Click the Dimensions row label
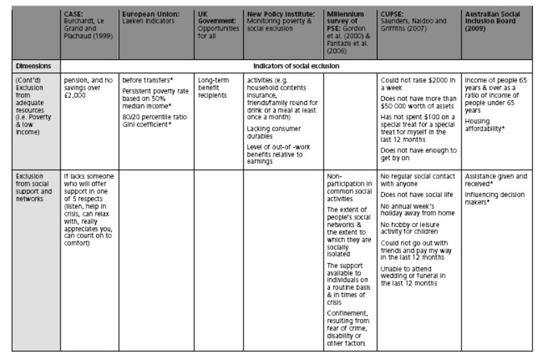click(31, 66)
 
